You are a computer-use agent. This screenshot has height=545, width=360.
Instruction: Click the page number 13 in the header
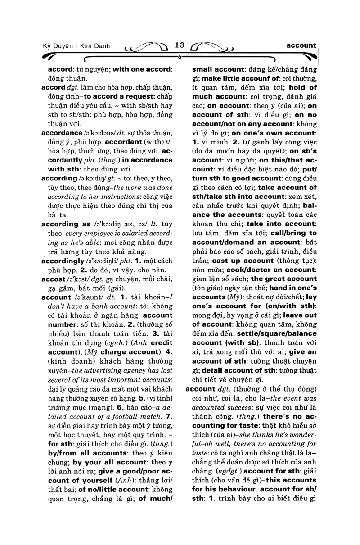tap(180, 45)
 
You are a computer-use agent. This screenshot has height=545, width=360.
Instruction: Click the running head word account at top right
tap(301, 45)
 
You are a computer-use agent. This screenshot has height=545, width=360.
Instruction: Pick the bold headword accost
tap(54, 279)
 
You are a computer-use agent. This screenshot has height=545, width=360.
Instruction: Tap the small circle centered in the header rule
tap(180, 58)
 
